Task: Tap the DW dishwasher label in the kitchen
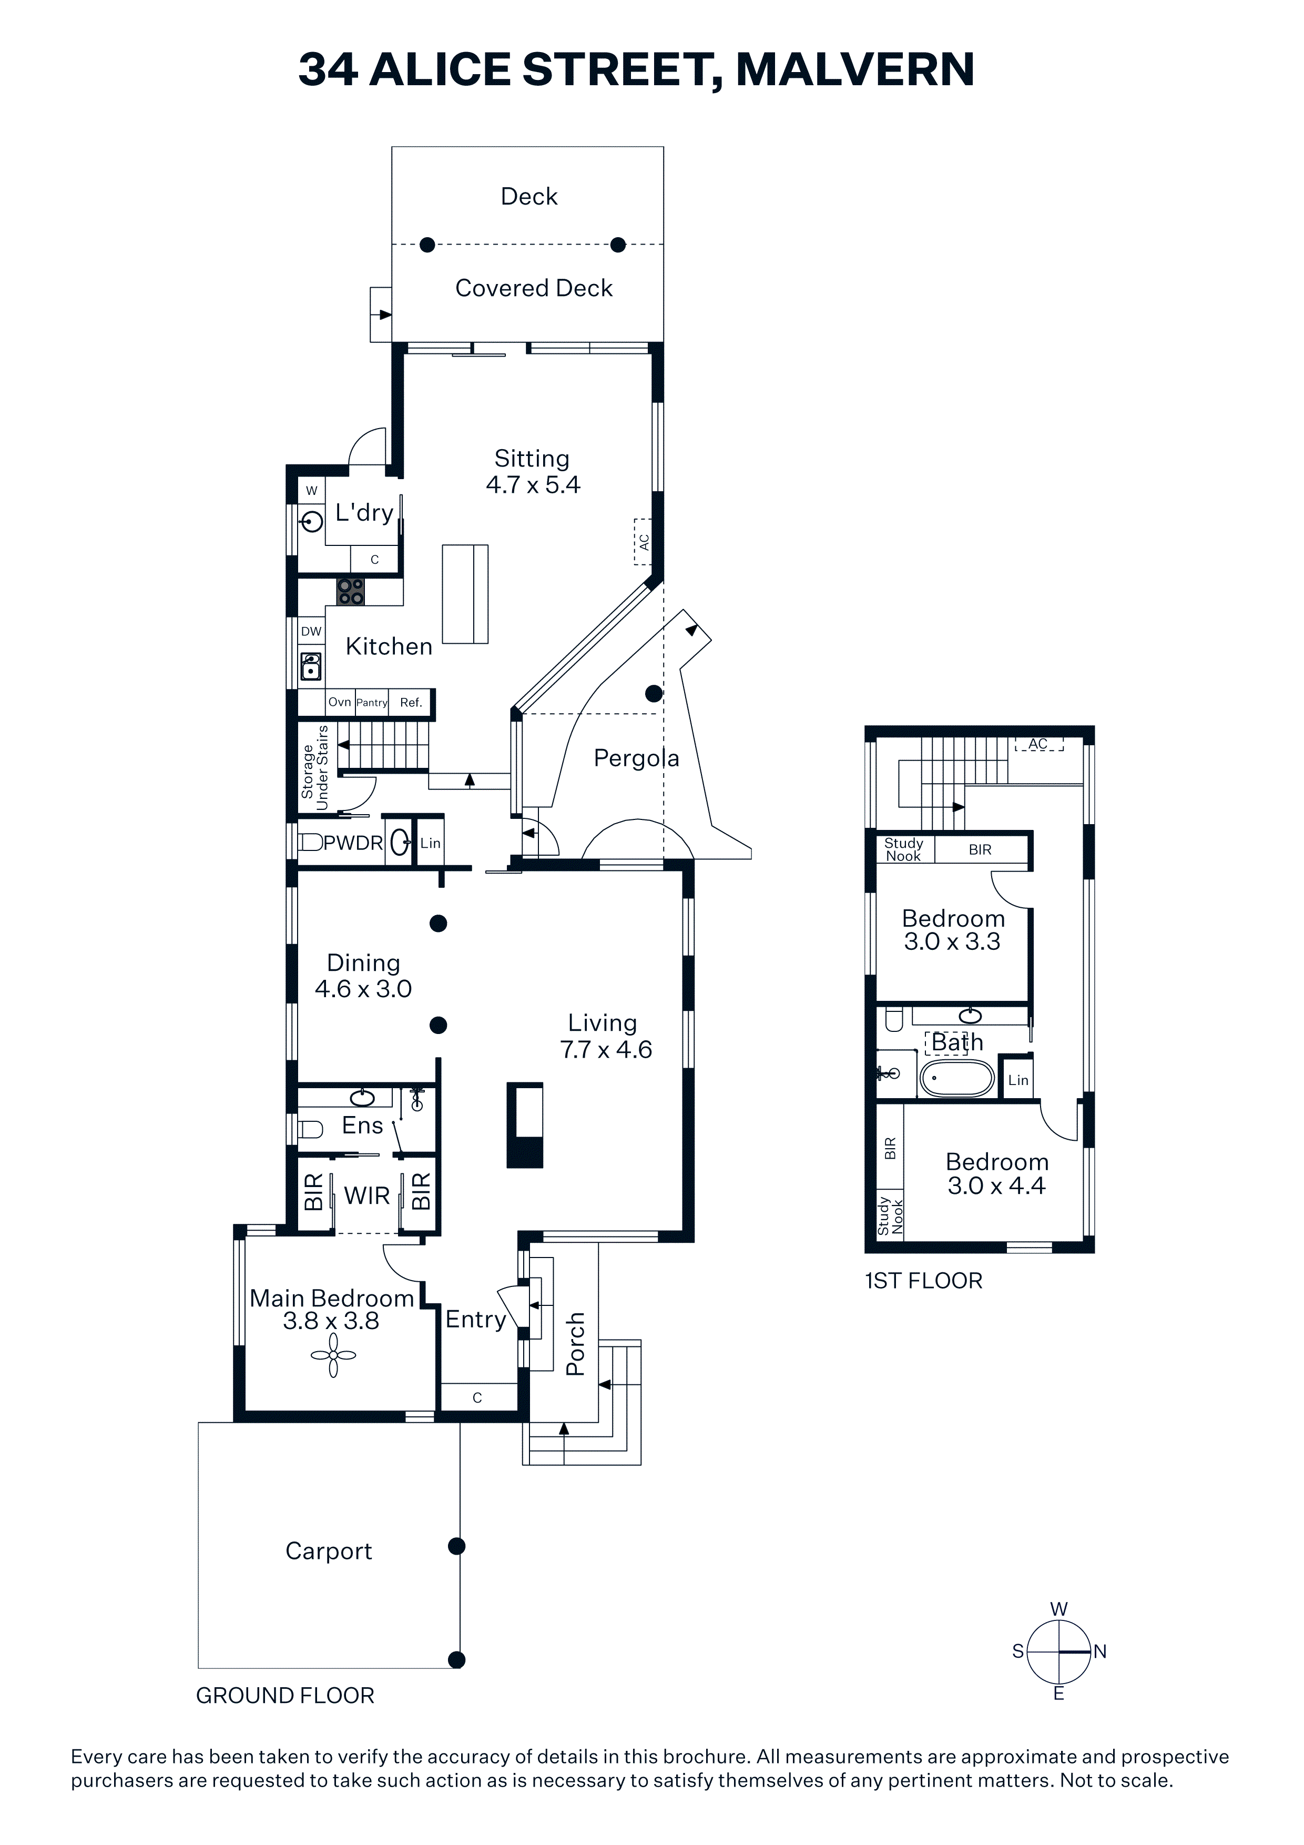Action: [x=311, y=632]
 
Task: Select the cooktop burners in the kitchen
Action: [x=350, y=592]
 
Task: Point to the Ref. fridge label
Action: [x=411, y=702]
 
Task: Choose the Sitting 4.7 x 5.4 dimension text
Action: [x=533, y=484]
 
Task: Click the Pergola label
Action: [x=636, y=758]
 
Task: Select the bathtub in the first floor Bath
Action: [x=957, y=1078]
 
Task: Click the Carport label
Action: [x=329, y=1551]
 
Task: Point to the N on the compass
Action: [x=1100, y=1651]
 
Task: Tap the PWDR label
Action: [x=353, y=843]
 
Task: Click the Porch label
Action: [x=575, y=1344]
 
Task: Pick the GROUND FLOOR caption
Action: [x=285, y=1696]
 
